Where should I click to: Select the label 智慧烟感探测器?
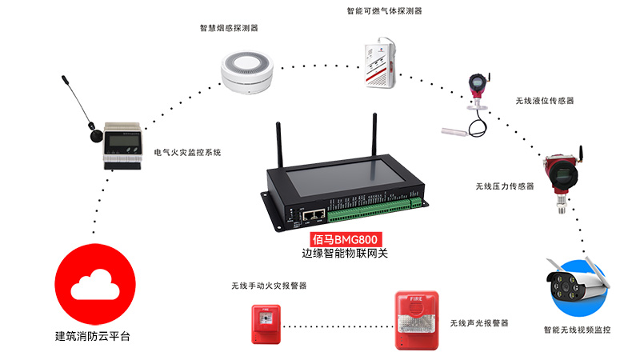click(229, 28)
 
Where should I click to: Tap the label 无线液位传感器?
click(545, 101)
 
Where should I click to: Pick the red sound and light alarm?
click(416, 319)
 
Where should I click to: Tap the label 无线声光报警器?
click(478, 322)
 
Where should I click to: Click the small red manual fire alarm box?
click(266, 322)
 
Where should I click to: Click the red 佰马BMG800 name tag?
click(344, 238)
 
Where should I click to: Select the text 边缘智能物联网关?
click(344, 254)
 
